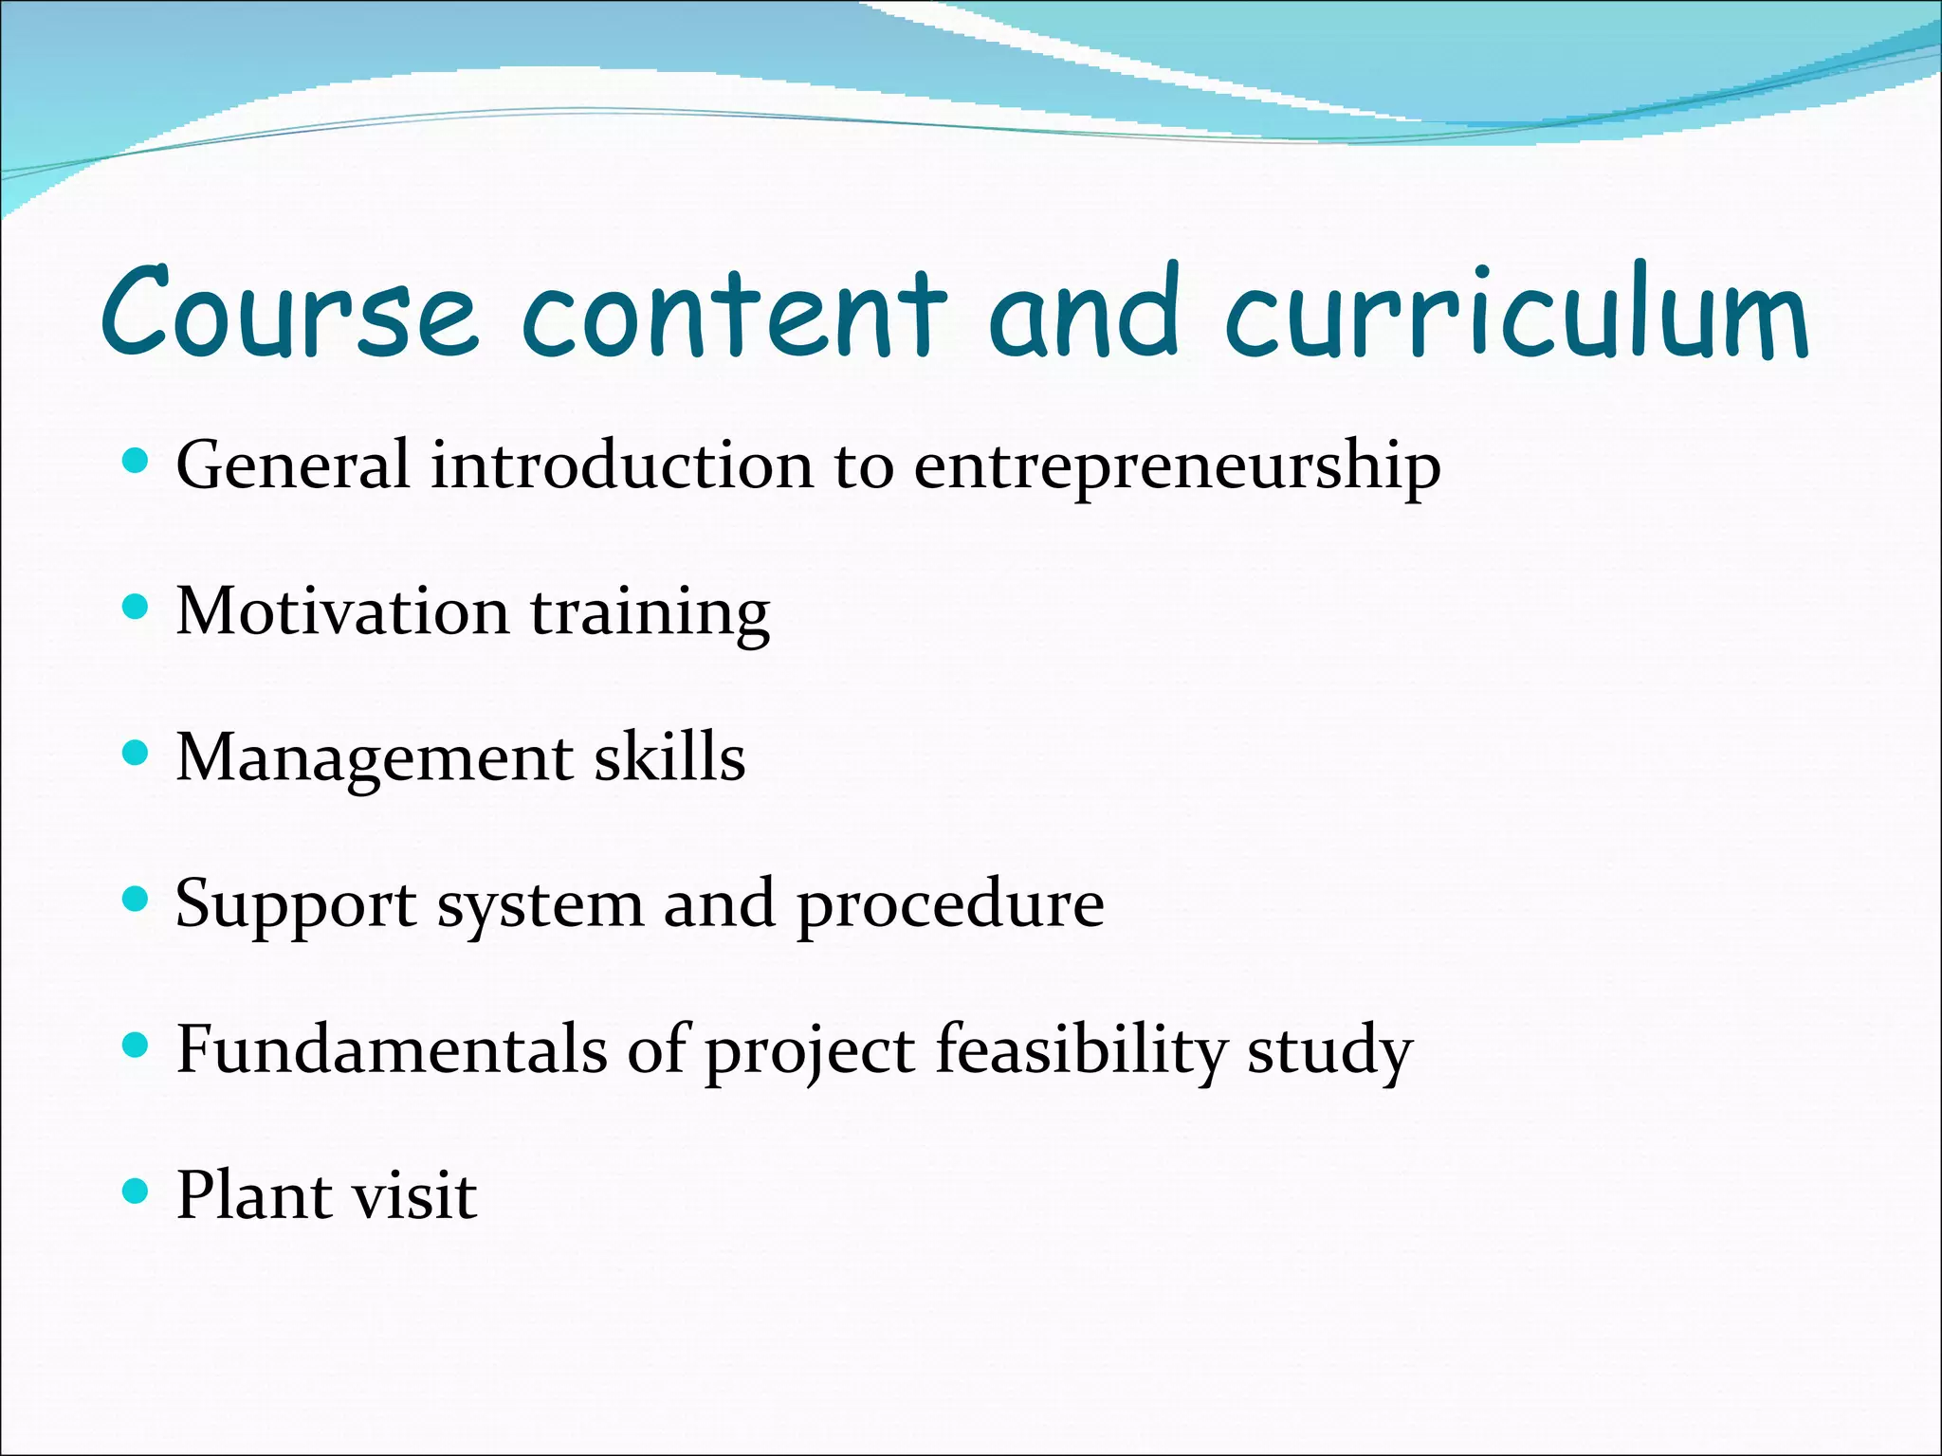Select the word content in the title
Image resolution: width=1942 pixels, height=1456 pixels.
point(734,313)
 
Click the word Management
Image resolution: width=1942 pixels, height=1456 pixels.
point(375,761)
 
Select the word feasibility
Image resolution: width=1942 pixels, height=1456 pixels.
point(1080,1052)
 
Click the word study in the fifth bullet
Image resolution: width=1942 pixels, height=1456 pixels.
point(1329,1052)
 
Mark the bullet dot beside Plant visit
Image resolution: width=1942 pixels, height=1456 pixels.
point(137,1191)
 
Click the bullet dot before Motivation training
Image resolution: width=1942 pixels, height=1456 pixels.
point(137,607)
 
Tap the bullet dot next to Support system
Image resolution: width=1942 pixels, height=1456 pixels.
point(137,899)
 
